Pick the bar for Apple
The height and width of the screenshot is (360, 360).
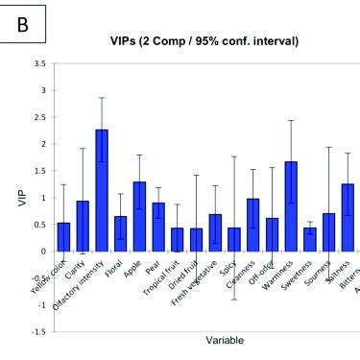click(139, 216)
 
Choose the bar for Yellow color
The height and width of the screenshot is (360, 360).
click(63, 237)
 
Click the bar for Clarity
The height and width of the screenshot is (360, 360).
click(83, 227)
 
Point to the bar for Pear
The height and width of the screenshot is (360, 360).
click(157, 227)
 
